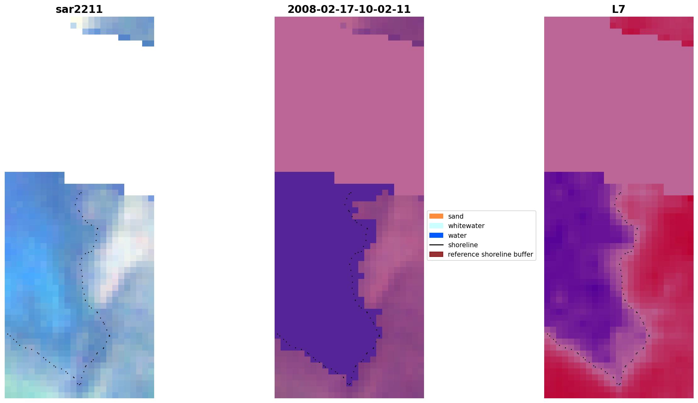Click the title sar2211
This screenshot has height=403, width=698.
point(79,9)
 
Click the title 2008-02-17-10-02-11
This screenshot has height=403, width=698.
point(349,9)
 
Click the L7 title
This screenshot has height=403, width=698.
point(618,9)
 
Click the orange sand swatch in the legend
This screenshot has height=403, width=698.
point(436,216)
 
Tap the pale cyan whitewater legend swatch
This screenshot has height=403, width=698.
point(436,226)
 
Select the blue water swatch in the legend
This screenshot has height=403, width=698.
point(436,235)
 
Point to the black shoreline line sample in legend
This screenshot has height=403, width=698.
point(436,245)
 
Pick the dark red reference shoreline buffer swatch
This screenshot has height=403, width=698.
point(436,254)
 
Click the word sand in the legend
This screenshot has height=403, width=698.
point(455,216)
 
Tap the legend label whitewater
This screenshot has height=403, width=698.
point(466,226)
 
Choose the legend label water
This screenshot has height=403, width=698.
point(457,236)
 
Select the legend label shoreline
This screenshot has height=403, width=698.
point(463,245)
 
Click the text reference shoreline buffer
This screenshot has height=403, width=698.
point(490,254)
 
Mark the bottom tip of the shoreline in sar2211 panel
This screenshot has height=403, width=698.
point(79,384)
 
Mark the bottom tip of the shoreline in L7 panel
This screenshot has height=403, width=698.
point(619,384)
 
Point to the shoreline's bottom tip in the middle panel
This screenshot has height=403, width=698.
point(349,384)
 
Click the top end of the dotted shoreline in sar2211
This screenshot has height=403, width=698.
point(81,193)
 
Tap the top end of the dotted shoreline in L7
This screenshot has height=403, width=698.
point(620,193)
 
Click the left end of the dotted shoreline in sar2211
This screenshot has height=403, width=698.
point(7,334)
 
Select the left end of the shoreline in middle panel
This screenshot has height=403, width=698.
point(277,334)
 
